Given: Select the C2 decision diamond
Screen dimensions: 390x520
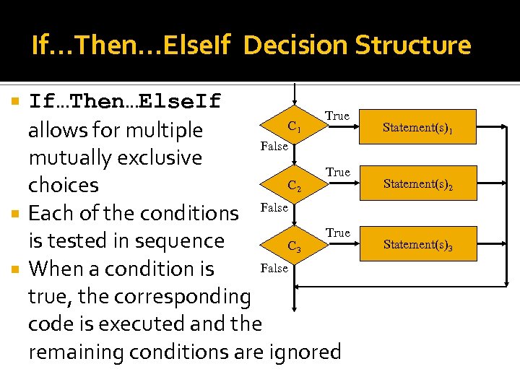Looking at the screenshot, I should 294,186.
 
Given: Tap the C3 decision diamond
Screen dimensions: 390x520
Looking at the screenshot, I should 294,246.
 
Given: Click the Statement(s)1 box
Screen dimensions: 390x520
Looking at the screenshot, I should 418,129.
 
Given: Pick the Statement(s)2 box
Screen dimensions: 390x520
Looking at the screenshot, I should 418,184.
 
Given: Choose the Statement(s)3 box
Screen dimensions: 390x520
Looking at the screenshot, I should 418,245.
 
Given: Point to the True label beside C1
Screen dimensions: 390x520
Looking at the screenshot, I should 337,116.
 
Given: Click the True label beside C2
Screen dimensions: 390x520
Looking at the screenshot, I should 337,173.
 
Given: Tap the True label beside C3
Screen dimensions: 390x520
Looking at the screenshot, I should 337,233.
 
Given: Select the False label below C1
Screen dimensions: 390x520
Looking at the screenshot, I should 274,147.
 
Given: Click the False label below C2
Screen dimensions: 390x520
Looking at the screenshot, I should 274,207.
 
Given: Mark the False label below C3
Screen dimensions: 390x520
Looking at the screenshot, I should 274,268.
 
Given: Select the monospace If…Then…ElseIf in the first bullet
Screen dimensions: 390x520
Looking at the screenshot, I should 125,101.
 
